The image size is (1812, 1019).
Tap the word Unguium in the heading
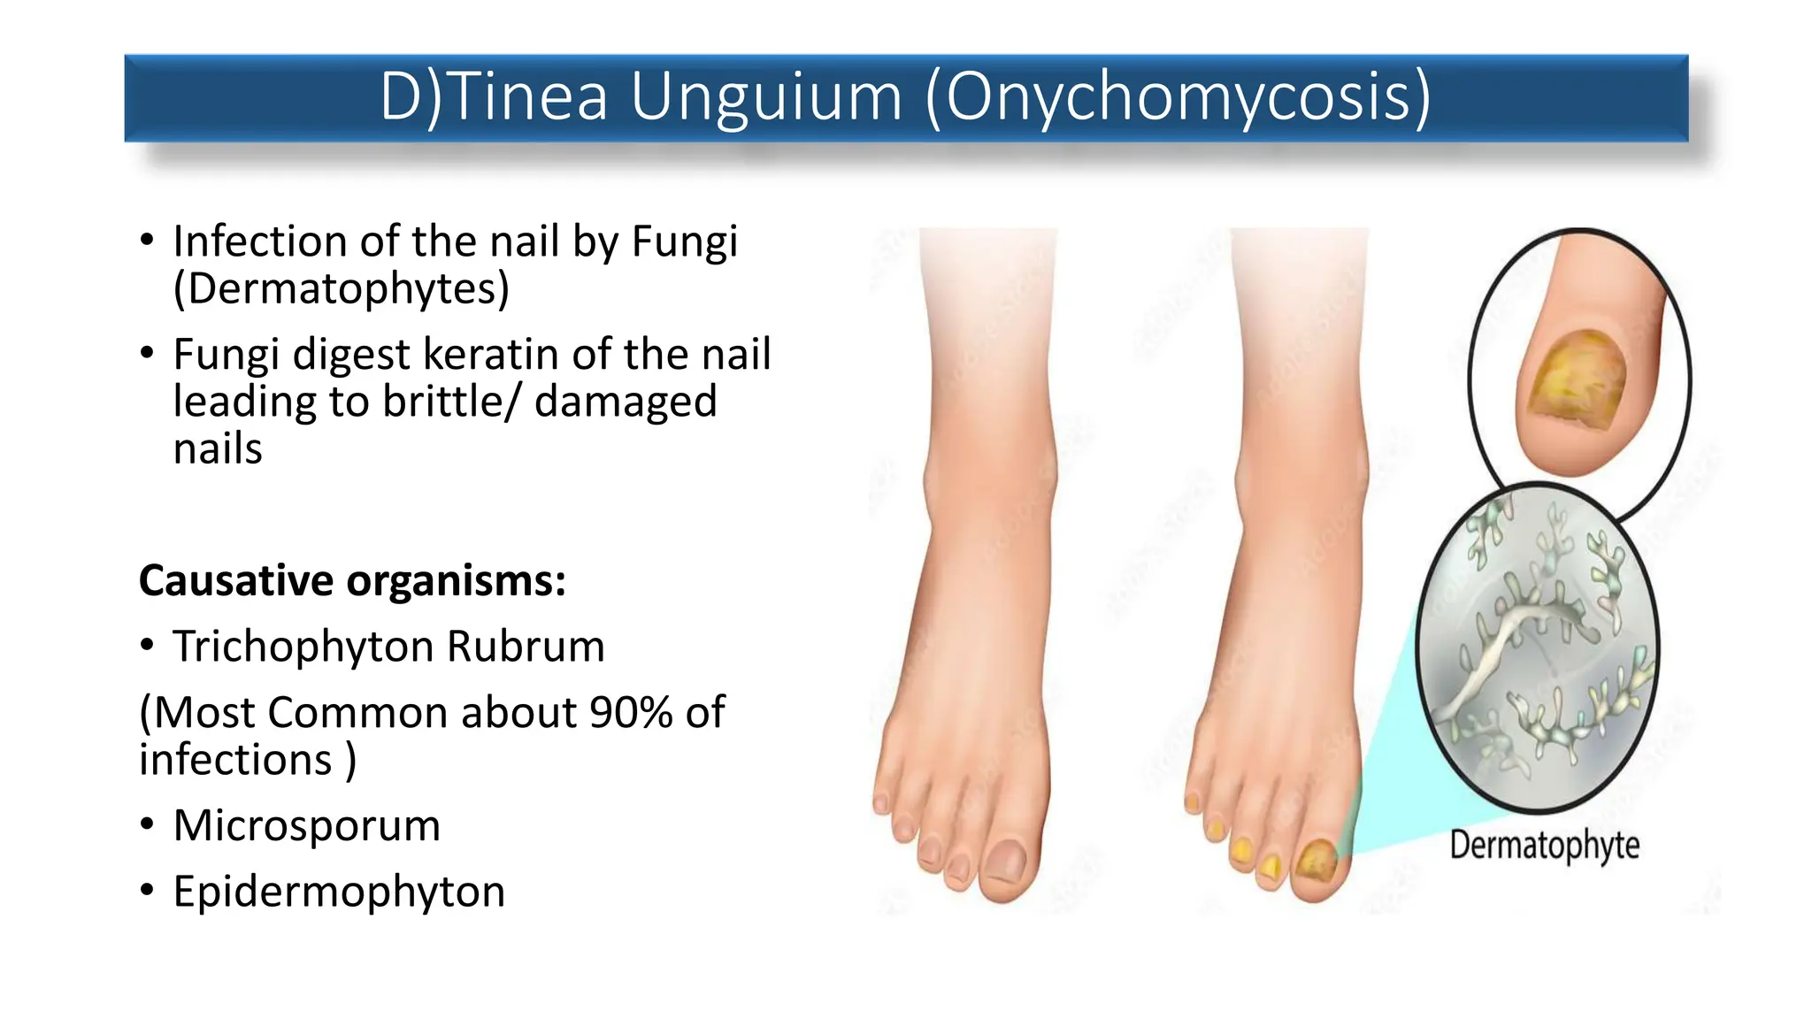(766, 97)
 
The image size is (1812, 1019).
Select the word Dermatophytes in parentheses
(342, 288)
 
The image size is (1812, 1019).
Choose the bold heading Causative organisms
(352, 581)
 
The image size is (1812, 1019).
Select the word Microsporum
(306, 826)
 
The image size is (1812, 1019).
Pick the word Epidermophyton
(339, 892)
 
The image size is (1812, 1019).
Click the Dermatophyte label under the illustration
(1544, 846)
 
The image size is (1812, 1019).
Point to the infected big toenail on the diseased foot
(1317, 859)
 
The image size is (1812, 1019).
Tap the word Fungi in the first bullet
(684, 241)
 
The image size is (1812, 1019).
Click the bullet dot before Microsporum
(147, 824)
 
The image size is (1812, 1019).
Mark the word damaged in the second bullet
(626, 402)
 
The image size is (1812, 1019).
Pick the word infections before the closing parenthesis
(235, 760)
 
